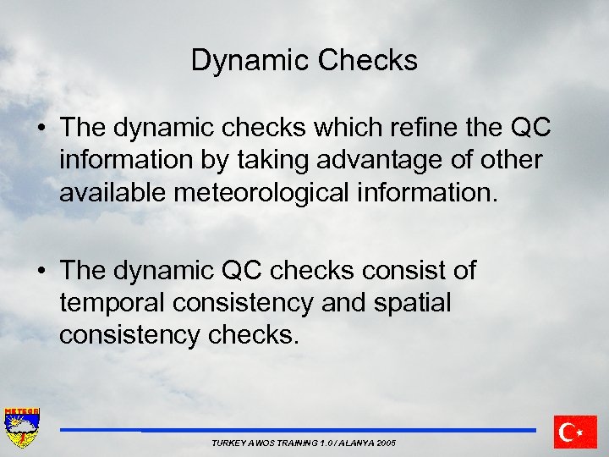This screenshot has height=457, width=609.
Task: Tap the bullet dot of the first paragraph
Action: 41,129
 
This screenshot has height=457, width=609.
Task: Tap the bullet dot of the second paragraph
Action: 41,272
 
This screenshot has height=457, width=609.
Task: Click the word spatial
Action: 409,303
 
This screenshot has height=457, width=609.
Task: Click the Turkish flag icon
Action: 575,432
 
